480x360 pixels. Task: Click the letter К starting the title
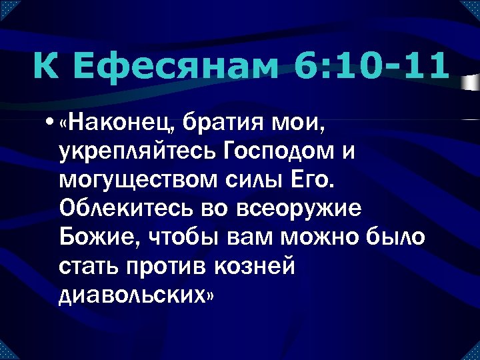pos(43,67)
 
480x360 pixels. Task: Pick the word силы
pos(251,181)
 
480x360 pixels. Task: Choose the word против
pos(174,266)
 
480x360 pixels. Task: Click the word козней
pos(263,266)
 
